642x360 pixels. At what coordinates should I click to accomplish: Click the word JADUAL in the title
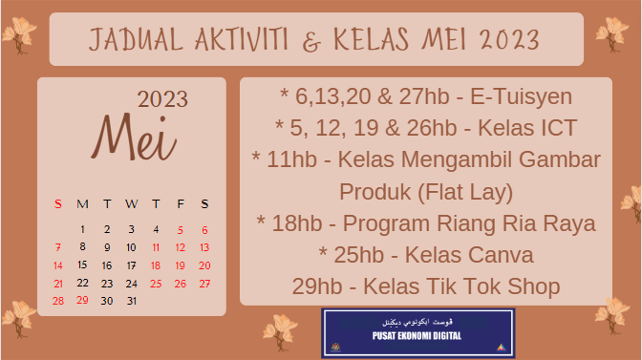point(130,40)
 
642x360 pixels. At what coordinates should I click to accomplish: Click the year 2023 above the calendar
point(162,99)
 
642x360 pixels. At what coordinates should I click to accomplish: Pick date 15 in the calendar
point(82,265)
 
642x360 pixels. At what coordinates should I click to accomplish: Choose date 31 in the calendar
point(132,301)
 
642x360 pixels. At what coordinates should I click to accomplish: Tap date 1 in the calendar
point(82,229)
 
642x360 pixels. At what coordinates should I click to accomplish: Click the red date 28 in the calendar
point(58,301)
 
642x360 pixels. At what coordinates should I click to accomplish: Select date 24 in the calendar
point(132,284)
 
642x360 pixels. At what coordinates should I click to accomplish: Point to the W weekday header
point(131,203)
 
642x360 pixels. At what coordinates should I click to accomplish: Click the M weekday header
point(82,203)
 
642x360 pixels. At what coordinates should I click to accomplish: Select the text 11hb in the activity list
point(291,159)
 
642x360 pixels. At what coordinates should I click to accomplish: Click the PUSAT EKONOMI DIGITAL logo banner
point(417,333)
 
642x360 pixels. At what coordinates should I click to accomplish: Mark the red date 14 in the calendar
point(58,265)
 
